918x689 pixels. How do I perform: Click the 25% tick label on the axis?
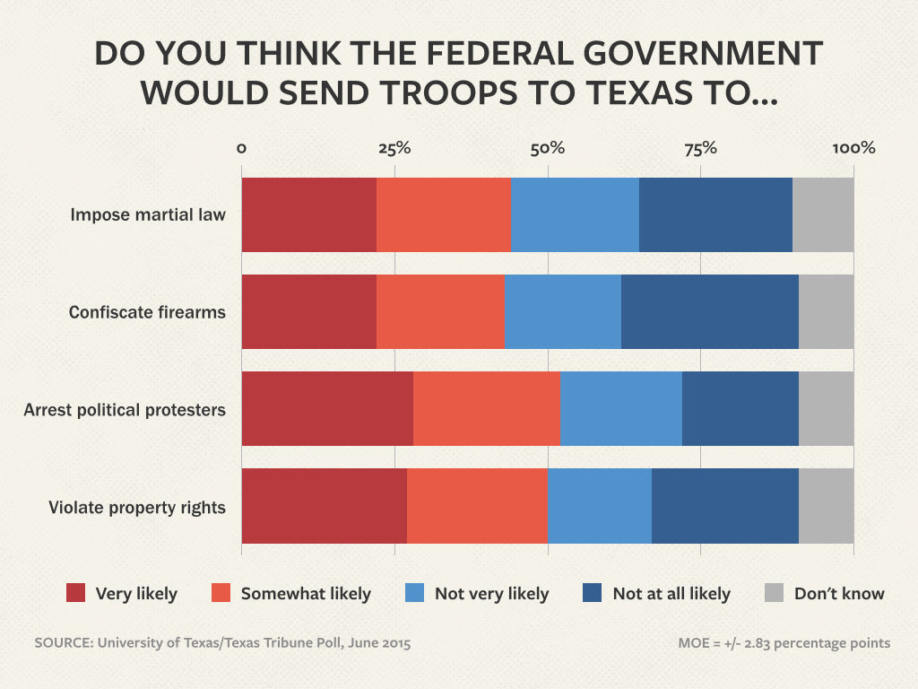point(394,148)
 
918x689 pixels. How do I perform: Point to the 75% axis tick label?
point(701,148)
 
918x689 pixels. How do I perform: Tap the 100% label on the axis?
point(853,148)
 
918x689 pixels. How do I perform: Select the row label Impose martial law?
point(148,215)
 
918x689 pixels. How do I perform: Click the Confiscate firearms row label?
point(147,312)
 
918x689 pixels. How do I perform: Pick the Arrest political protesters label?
point(125,409)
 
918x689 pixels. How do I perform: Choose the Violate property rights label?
point(136,507)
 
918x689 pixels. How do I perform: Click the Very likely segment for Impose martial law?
point(308,215)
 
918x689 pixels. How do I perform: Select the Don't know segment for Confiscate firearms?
point(826,312)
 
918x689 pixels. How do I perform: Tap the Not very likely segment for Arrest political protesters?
point(621,409)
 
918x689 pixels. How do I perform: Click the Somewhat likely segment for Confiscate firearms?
point(440,312)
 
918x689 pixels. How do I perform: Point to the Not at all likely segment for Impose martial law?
point(715,215)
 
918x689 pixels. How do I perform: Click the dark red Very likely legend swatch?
point(76,593)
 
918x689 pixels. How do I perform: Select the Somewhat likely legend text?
point(306,594)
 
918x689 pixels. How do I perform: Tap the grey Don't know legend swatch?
point(775,593)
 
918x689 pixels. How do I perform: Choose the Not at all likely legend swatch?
point(592,593)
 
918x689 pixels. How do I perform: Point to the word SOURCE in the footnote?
point(63,643)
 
